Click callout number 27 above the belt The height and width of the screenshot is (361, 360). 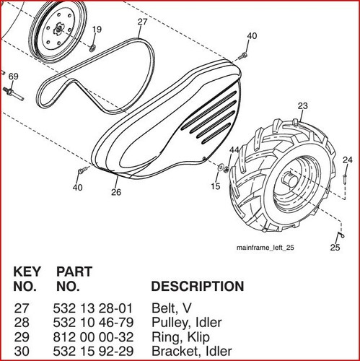click(142, 22)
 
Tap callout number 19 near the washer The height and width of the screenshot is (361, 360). click(97, 30)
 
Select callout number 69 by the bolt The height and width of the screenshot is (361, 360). click(13, 77)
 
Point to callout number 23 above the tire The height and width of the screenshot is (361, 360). click(303, 105)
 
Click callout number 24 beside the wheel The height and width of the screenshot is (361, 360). click(348, 160)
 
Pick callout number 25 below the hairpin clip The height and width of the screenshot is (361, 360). click(335, 247)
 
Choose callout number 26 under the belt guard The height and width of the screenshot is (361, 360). click(116, 192)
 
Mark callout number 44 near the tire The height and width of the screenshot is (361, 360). click(234, 150)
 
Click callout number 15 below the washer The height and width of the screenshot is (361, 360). click(216, 186)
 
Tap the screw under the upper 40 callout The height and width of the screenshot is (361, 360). click(243, 56)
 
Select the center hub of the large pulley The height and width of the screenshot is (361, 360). click(58, 30)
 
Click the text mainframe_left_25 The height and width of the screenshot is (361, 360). click(265, 248)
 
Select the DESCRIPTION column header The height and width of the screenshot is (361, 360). click(198, 286)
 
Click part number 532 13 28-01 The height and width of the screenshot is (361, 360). click(93, 308)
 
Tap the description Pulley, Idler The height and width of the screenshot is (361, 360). click(187, 323)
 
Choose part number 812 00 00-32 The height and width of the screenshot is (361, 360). click(93, 336)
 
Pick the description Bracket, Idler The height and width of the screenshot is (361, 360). click(192, 351)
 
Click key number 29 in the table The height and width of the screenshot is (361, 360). click(22, 336)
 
